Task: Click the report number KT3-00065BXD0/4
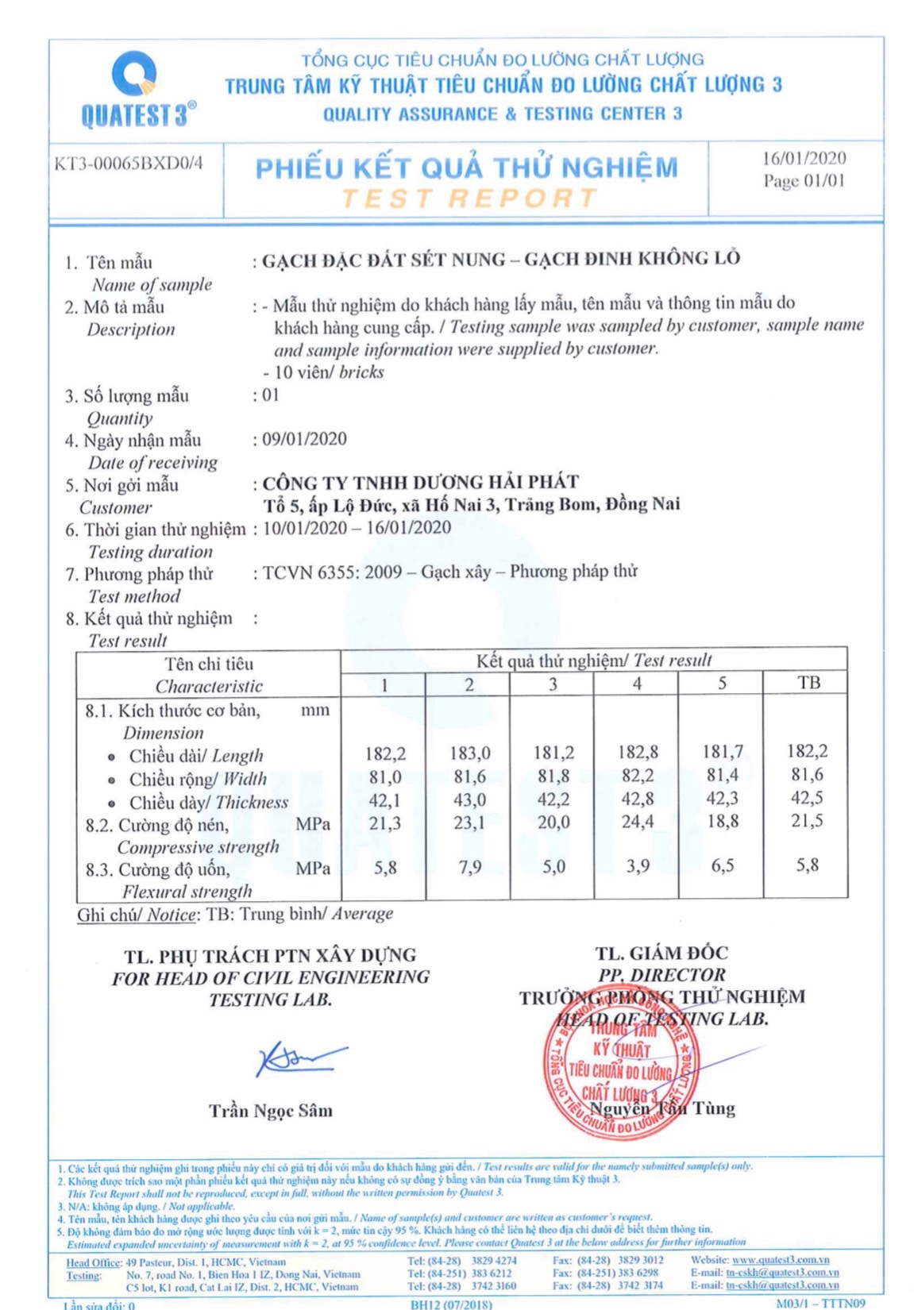[x=128, y=164]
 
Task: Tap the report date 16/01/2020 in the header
[x=804, y=158]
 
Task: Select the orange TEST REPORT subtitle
[x=469, y=198]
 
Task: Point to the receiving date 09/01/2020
[x=305, y=439]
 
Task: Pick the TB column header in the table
[x=808, y=683]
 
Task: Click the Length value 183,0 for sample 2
[x=469, y=753]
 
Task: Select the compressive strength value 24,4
[x=637, y=823]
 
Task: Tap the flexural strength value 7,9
[x=469, y=867]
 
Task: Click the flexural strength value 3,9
[x=637, y=866]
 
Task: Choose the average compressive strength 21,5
[x=807, y=822]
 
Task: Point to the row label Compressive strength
[x=198, y=847]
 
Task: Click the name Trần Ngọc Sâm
[x=271, y=1111]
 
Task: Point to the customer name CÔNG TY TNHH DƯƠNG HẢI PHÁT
[x=420, y=482]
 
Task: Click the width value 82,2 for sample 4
[x=637, y=776]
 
